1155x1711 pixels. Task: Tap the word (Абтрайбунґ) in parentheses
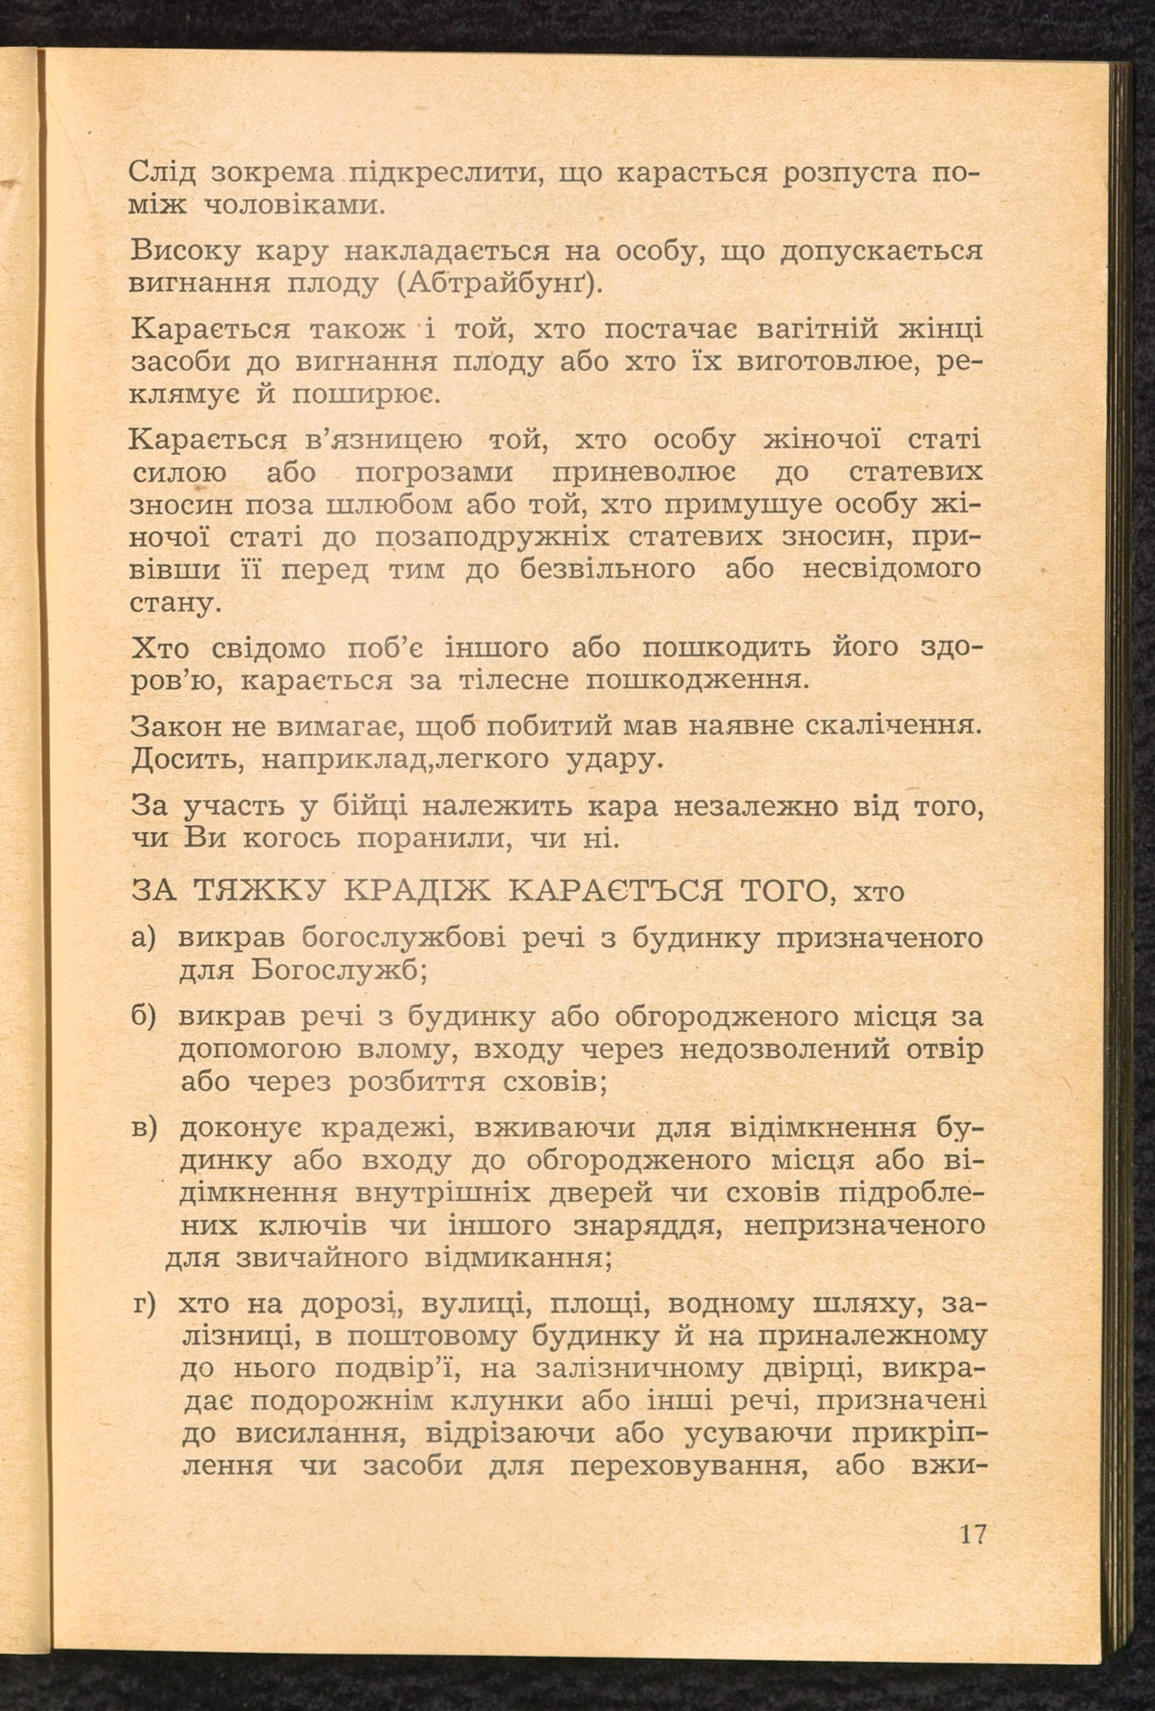click(499, 284)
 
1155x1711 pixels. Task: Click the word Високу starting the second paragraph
click(185, 252)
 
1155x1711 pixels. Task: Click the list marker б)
click(144, 1017)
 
